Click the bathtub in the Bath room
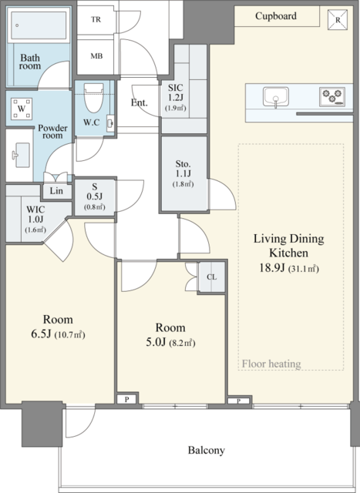pos(39,25)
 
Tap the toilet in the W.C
pos(94,98)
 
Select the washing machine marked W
pos(22,109)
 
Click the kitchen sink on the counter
pos(276,97)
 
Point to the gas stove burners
pos(331,96)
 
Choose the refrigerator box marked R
pos(338,20)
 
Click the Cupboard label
pos(276,15)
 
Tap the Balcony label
pos(207,450)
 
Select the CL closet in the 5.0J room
pos(211,277)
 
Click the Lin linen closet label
pos(56,190)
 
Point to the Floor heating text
pos(271,364)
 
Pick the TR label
pos(96,19)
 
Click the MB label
pos(96,56)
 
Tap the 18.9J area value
pos(272,268)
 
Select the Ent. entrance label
pos(139,102)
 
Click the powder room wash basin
pos(21,156)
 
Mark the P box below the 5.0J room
pos(126,399)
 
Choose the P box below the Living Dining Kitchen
pos(239,401)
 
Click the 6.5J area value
pos(41,334)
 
